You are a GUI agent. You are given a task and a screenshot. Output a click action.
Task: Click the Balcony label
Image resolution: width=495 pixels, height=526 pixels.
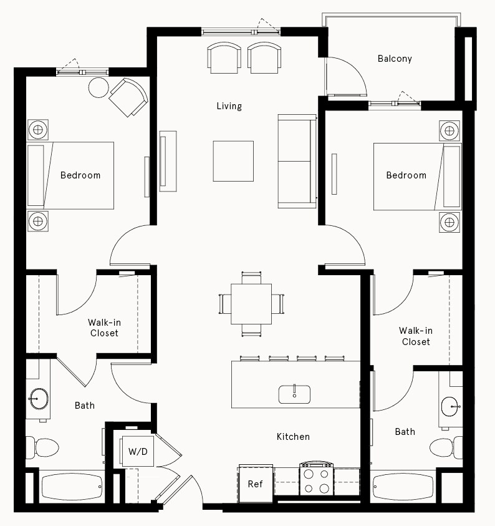click(x=395, y=59)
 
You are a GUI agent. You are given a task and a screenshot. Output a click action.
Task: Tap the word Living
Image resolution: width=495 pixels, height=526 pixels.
click(x=229, y=106)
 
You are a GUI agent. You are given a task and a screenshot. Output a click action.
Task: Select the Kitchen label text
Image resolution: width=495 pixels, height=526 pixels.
click(x=293, y=437)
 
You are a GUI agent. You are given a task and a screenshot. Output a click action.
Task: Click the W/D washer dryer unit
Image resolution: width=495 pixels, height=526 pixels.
click(x=138, y=451)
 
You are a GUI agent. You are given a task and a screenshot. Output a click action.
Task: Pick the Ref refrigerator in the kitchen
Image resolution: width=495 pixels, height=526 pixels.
click(x=256, y=484)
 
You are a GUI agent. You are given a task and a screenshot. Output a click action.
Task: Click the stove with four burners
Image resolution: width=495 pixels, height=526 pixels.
click(x=317, y=479)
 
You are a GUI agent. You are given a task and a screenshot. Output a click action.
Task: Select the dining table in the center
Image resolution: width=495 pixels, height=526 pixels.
click(x=251, y=304)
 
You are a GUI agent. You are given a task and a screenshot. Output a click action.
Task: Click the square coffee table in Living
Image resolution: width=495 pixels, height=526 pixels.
click(x=233, y=161)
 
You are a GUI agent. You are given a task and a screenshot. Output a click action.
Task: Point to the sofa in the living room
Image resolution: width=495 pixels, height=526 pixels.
click(x=297, y=161)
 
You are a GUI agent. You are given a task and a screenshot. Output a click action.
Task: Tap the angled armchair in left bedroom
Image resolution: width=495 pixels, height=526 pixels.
click(x=128, y=97)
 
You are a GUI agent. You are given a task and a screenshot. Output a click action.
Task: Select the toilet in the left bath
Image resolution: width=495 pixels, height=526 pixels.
click(x=43, y=447)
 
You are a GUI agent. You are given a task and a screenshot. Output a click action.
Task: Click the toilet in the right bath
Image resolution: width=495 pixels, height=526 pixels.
click(x=445, y=447)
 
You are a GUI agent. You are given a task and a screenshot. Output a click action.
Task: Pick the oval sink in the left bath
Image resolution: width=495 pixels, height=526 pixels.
click(x=39, y=398)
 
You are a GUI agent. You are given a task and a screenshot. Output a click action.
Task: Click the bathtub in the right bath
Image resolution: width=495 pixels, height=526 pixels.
click(x=403, y=486)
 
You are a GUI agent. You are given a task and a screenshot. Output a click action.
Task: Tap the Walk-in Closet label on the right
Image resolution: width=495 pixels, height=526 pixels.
click(x=416, y=336)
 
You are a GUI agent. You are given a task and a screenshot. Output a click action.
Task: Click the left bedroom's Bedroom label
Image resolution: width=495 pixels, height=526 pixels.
click(x=80, y=175)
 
